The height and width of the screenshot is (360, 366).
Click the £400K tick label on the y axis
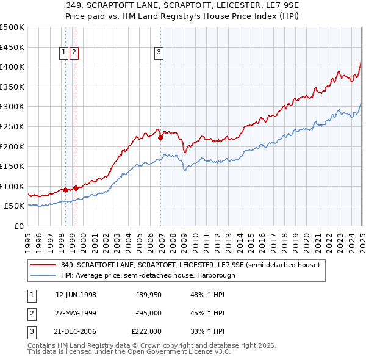coord(12,67)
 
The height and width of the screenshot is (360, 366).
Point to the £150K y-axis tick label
coord(12,166)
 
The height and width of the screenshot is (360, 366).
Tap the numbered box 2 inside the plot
coord(74,53)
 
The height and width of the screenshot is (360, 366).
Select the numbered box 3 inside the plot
coord(159,53)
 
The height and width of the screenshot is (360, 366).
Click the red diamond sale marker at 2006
coord(161,138)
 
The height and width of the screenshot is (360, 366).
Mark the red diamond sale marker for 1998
coord(66,190)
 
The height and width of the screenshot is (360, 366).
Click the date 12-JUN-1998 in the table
coord(76,295)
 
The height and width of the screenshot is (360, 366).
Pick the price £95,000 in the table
coord(148,314)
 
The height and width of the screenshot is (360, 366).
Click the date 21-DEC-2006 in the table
coord(76,332)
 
